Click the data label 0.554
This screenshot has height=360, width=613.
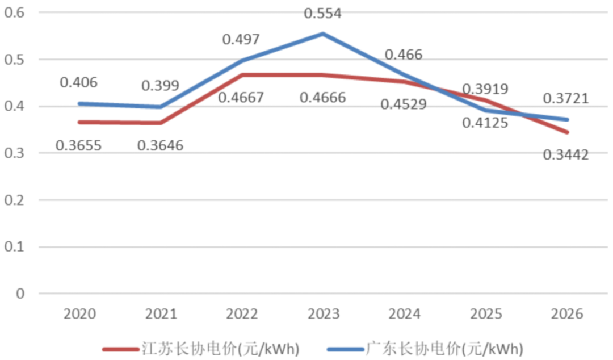(x=322, y=13)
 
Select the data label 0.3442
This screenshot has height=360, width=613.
(x=566, y=155)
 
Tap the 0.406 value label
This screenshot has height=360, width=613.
(x=78, y=82)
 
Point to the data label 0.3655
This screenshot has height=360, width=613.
(x=78, y=145)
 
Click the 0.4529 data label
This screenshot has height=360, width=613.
(x=404, y=104)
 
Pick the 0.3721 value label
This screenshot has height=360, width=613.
(x=566, y=98)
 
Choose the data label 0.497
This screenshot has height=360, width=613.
(x=241, y=40)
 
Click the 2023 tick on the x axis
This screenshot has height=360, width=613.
(x=324, y=314)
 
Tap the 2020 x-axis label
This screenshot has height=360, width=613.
(x=80, y=314)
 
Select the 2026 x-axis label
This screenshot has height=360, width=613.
(x=567, y=314)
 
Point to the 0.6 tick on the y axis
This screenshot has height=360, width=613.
(x=14, y=12)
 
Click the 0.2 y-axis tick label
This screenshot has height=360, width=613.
(x=14, y=200)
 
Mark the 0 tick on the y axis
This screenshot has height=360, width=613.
(x=20, y=294)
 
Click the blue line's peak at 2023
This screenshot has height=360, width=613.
(x=323, y=34)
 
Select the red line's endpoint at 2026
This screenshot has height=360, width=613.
(x=567, y=132)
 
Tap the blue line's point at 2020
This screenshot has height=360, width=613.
(x=80, y=104)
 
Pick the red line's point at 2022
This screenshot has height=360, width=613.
(x=242, y=75)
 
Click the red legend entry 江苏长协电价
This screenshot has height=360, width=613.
(x=201, y=349)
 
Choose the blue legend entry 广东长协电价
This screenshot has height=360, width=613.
(x=425, y=349)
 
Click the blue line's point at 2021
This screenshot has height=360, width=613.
(x=161, y=107)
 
